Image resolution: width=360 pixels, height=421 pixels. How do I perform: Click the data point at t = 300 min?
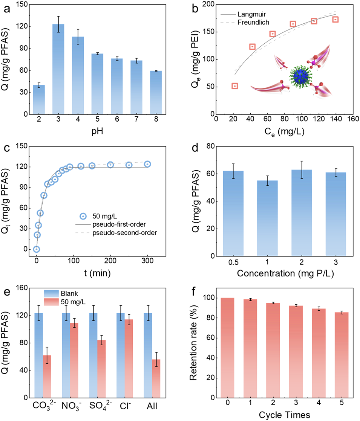coord(147,164)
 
